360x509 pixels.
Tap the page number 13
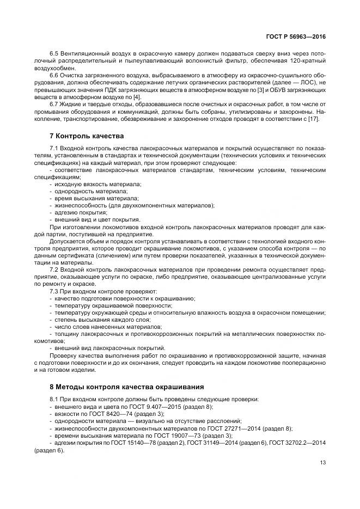pyautogui.click(x=322, y=463)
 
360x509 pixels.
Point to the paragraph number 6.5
pyautogui.click(x=54, y=55)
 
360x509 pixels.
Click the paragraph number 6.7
pyautogui.click(x=54, y=104)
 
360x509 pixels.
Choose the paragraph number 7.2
pyautogui.click(x=54, y=269)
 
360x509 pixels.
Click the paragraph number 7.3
pyautogui.click(x=54, y=291)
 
